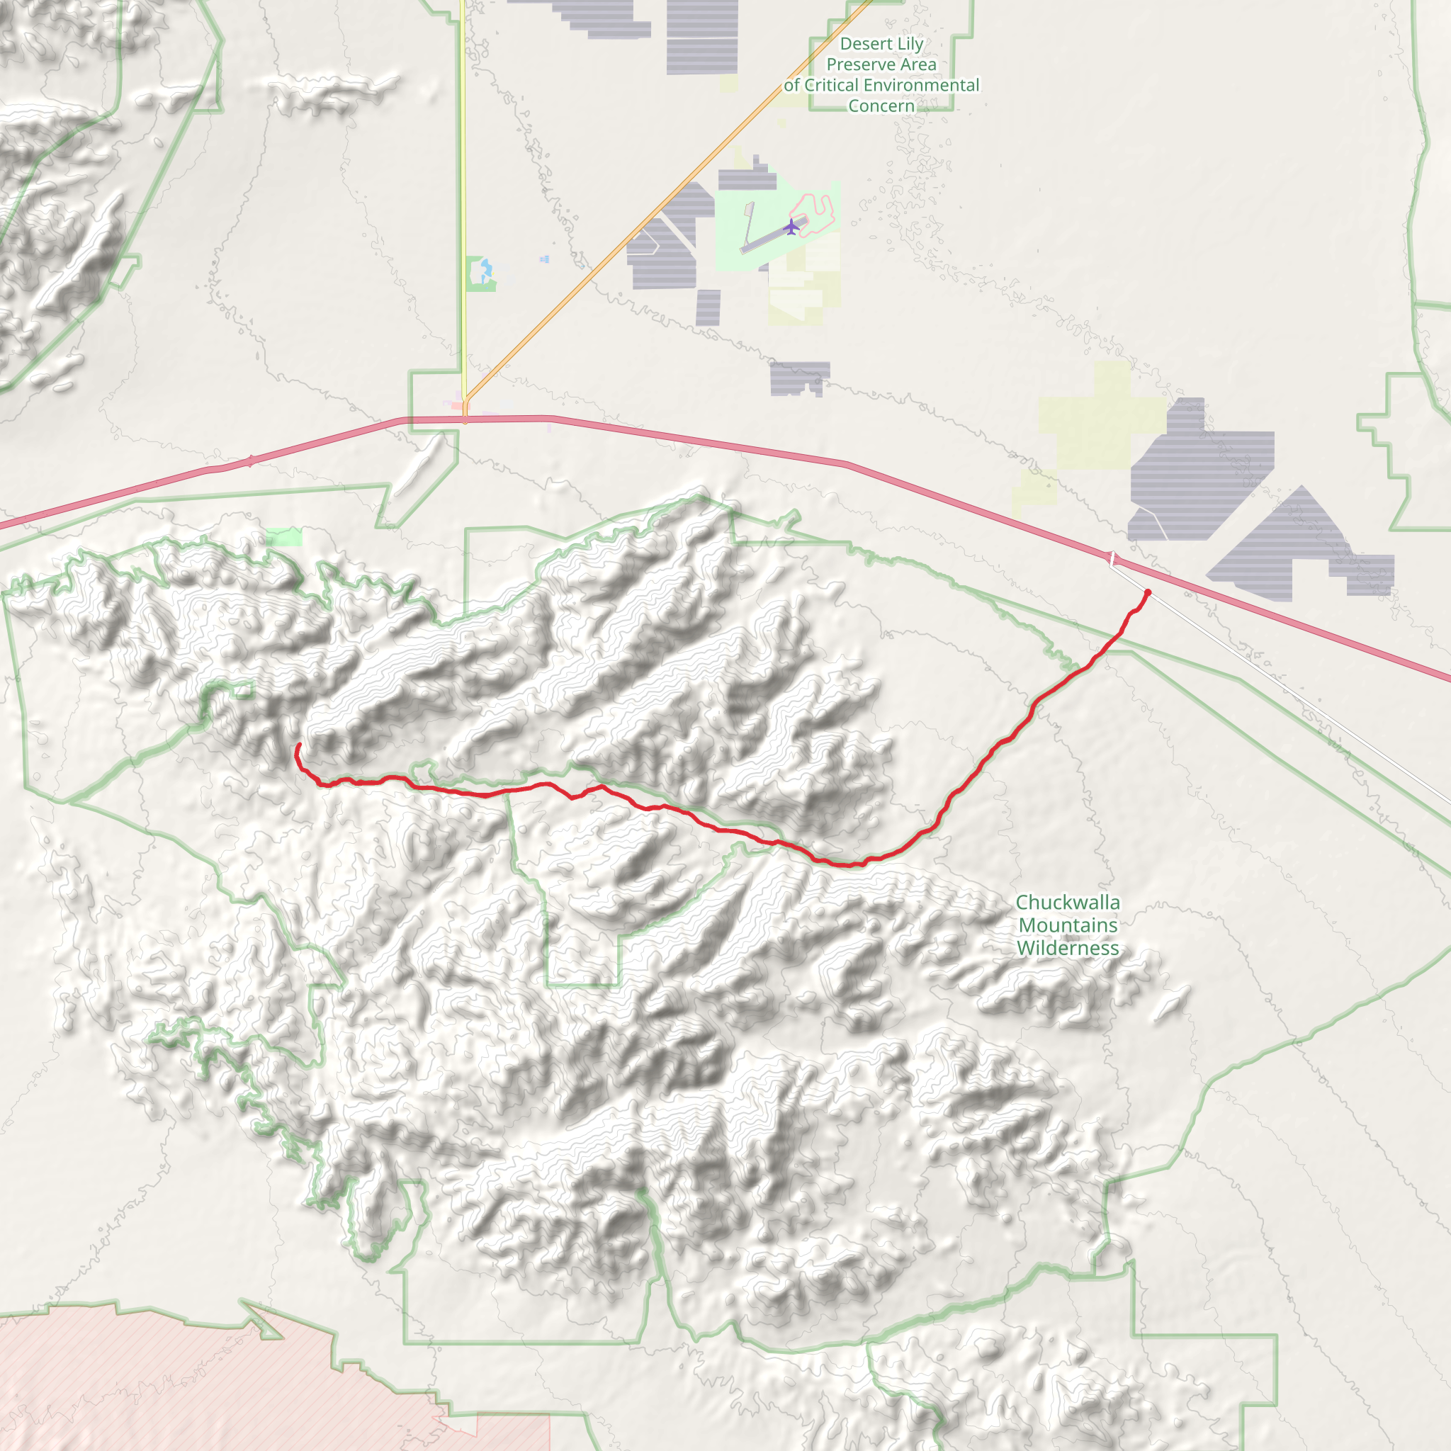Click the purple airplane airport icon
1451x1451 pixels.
click(791, 226)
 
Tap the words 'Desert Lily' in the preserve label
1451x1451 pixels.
click(881, 45)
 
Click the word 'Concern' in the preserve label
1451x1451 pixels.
click(881, 106)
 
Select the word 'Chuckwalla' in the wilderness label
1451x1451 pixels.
click(1067, 902)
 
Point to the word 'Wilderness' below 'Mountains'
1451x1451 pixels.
click(1067, 948)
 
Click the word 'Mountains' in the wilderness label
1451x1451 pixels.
click(1067, 925)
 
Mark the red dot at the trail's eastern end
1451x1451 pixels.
click(1148, 592)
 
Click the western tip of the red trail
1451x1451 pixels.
click(299, 745)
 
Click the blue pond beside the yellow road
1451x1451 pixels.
click(486, 268)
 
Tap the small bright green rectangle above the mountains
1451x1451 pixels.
click(285, 536)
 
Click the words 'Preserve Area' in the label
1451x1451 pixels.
click(881, 64)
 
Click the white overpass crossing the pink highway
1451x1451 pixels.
click(1113, 558)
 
